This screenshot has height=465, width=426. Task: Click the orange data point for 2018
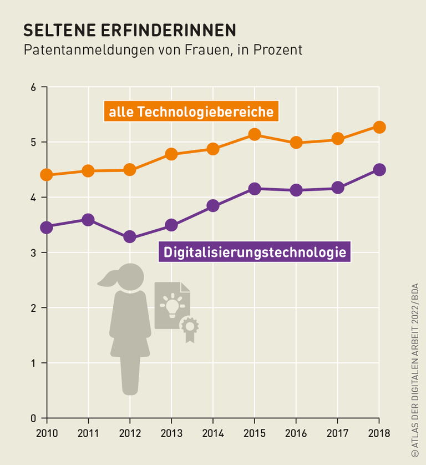tap(379, 127)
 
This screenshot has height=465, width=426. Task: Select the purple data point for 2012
tap(130, 237)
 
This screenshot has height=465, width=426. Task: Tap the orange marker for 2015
tap(255, 134)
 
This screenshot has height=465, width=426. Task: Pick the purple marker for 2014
tap(213, 206)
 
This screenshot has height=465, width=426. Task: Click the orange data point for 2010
tap(47, 175)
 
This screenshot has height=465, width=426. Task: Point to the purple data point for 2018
tap(379, 170)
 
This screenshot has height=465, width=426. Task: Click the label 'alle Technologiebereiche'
tap(191, 112)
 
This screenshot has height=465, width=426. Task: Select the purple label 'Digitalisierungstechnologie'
tap(255, 252)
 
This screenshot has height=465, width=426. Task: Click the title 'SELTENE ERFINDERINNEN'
tap(129, 29)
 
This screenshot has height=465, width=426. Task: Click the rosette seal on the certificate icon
tap(190, 327)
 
